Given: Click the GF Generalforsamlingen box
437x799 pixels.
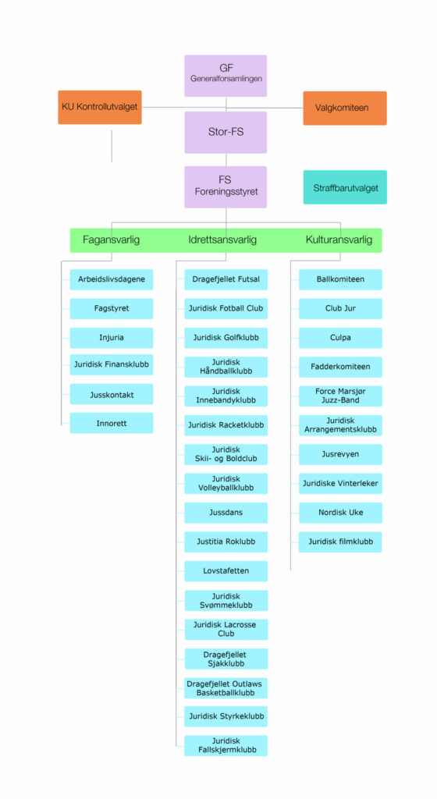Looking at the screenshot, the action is [x=226, y=76].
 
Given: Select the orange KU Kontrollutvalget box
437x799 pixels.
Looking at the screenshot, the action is [x=100, y=107].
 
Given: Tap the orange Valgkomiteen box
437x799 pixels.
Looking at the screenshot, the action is [x=345, y=108].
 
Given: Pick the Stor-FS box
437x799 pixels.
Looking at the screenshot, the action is [x=226, y=132].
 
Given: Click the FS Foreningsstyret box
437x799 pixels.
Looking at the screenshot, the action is [x=226, y=186].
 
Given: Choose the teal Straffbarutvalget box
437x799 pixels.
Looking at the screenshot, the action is [x=346, y=187].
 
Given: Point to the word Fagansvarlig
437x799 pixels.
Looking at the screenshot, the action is [x=111, y=240].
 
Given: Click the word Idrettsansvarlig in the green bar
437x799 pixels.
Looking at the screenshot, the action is [x=222, y=240].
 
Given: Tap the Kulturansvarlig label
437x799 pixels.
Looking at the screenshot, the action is [x=339, y=240].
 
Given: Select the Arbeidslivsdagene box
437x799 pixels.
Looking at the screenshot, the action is [x=111, y=279].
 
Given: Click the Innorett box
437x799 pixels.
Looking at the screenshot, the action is [x=111, y=423].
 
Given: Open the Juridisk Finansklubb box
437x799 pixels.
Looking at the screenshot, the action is [x=111, y=364].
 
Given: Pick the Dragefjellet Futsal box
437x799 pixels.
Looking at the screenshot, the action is [x=226, y=279].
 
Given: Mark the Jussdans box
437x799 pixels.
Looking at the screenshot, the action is [x=226, y=513].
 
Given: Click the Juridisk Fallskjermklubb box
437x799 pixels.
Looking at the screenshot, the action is [x=226, y=745].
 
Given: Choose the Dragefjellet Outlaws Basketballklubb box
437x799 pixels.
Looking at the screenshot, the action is [x=226, y=688].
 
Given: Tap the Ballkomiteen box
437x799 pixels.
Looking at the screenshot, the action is [x=340, y=279].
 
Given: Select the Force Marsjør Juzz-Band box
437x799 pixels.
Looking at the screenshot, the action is [x=340, y=396].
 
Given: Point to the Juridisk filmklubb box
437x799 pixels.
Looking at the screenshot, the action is [x=340, y=542].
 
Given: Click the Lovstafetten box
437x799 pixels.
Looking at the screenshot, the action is [x=226, y=570].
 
